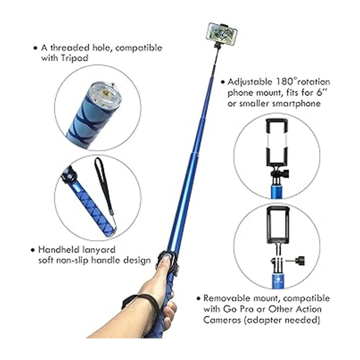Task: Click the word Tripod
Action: (75, 58)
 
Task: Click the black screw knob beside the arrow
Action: (300, 260)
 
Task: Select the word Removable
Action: (226, 298)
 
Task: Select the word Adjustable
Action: (246, 82)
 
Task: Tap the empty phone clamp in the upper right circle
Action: (277, 142)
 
